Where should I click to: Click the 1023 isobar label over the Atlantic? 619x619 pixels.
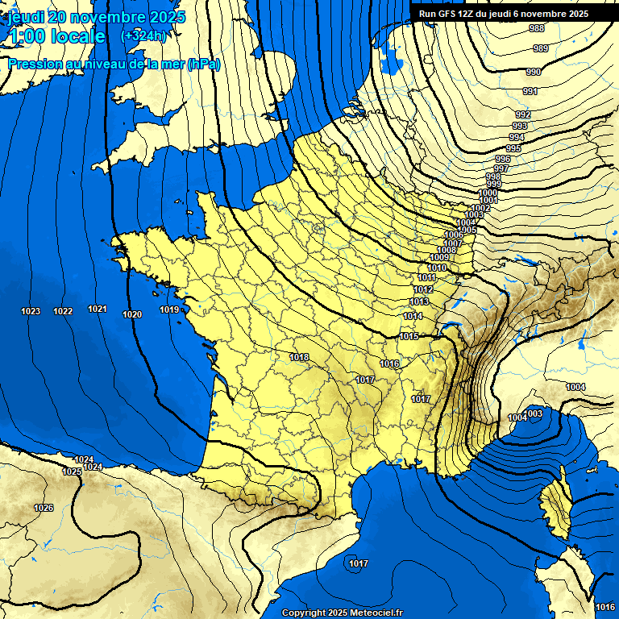pos(31,311)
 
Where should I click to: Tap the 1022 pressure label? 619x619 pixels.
pos(63,311)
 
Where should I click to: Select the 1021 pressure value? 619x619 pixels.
pos(98,309)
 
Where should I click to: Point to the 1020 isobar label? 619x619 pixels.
pos(132,314)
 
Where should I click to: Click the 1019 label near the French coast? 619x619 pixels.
pos(168,309)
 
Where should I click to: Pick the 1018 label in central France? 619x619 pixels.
pos(299,357)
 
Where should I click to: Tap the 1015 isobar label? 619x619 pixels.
pos(409,336)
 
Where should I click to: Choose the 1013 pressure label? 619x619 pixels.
pos(419,301)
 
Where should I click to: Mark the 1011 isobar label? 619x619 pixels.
pos(427,277)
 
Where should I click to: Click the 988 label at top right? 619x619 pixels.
pos(536,28)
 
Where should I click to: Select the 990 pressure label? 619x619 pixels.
pos(533,72)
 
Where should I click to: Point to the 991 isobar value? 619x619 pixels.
pos(530,91)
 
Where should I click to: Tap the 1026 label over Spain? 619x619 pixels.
pos(44,508)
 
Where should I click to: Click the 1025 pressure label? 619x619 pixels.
pos(71,472)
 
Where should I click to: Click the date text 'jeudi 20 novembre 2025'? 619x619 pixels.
pos(96,17)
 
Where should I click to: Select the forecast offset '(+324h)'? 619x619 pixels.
pos(143,35)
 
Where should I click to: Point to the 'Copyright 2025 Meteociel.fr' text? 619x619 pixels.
pos(342,613)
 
